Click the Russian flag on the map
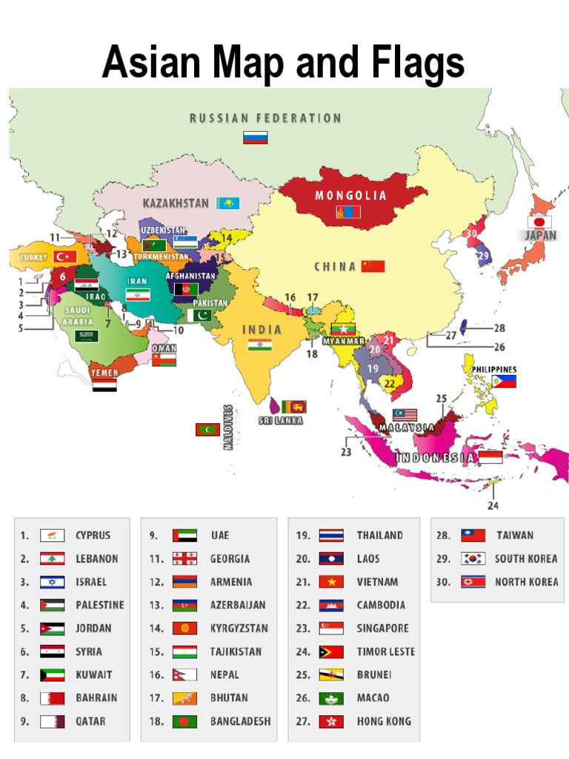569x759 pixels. pos(255,137)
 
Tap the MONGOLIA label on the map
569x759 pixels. pos(351,196)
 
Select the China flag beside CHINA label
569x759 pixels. pos(373,266)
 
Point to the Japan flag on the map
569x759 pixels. pos(539,222)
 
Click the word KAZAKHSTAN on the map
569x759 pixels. pos(176,203)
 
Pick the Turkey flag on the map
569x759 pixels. pos(66,256)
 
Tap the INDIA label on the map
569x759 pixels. pos(262,329)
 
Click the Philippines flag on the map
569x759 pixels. pos(504,382)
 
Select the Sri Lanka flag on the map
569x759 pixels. pos(294,406)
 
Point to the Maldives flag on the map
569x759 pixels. pos(207,429)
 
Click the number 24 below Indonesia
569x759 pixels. pos(493,506)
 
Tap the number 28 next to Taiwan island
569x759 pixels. pos(499,328)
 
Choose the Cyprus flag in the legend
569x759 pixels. pos(52,535)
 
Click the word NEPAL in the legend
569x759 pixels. pos(224,675)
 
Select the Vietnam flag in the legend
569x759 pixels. pos(331,582)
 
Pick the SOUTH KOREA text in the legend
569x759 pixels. pos(526,558)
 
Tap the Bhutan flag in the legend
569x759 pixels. pos(184,697)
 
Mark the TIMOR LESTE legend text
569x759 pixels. pos(385,652)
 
